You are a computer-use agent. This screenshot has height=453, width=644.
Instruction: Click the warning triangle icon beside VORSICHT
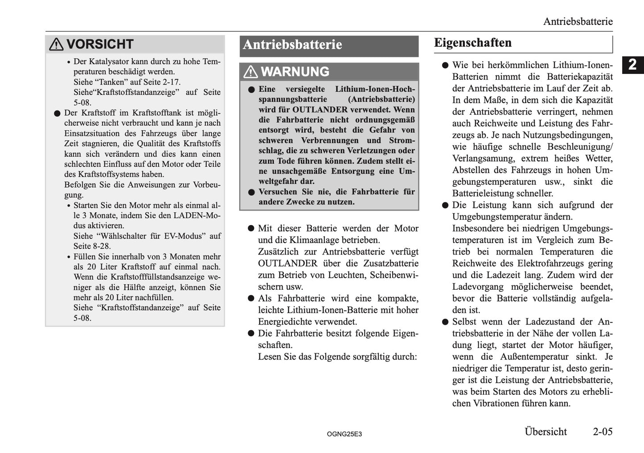click(x=56, y=44)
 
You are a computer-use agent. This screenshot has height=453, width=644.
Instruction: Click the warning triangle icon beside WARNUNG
click(x=250, y=72)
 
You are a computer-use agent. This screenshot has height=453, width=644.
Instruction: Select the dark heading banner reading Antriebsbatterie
click(x=329, y=45)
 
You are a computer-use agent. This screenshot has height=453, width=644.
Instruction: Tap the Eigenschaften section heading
click(x=473, y=43)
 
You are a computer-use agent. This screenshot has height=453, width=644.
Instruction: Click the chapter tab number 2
click(x=632, y=65)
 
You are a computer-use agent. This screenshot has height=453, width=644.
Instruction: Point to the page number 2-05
click(x=603, y=431)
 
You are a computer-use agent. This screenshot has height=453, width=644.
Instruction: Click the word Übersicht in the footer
click(x=546, y=431)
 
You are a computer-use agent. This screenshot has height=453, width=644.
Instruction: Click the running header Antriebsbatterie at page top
click(x=578, y=21)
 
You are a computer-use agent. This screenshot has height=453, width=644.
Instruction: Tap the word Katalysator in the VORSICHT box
click(x=109, y=61)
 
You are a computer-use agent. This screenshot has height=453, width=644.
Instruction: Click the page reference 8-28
click(x=102, y=246)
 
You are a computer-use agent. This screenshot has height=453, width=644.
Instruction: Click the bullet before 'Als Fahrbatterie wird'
click(x=251, y=298)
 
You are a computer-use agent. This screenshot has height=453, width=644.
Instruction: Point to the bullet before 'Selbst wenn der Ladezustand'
click(x=445, y=322)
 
